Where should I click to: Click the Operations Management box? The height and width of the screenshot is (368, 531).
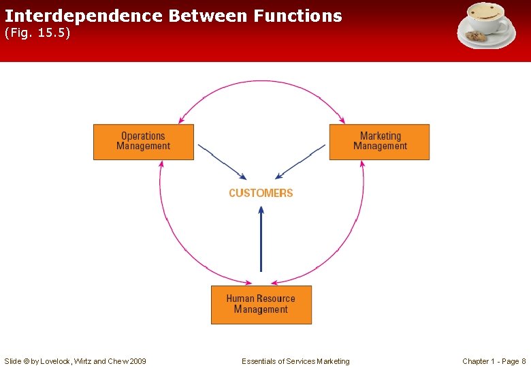point(143,142)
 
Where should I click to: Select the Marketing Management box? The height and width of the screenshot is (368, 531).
point(379,142)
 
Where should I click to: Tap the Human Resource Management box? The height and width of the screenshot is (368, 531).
point(261,304)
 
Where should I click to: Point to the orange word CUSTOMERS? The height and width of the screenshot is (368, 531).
point(261,193)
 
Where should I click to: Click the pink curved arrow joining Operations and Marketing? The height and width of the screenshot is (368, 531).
point(261,82)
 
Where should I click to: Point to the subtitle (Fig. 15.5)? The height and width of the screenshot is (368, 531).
point(37,33)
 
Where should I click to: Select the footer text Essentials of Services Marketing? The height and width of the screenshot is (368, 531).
point(295,361)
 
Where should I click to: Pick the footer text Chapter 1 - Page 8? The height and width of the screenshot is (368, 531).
point(494,361)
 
